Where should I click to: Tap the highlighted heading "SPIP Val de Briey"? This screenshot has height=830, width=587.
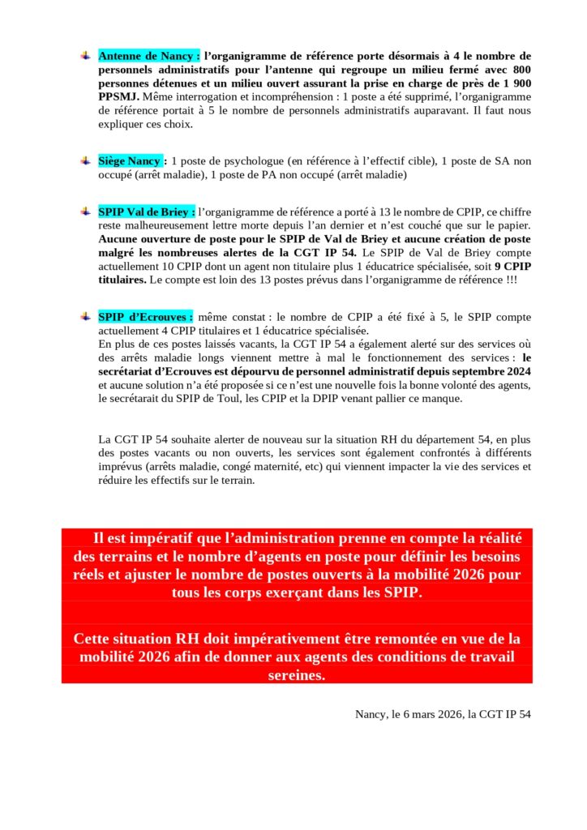(x=147, y=212)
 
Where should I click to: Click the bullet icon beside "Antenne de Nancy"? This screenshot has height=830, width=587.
(x=85, y=55)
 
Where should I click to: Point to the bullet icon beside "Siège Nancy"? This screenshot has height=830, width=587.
(x=85, y=160)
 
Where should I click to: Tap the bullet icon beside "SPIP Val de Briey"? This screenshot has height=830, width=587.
(x=85, y=211)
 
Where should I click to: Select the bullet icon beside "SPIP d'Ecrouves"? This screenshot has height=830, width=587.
(x=85, y=316)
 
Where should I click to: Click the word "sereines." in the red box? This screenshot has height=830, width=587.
(x=296, y=674)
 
